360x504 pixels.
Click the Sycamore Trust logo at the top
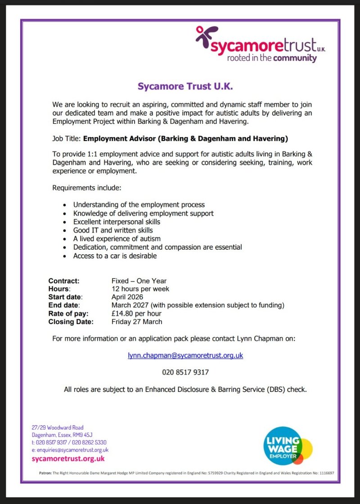tap(261, 45)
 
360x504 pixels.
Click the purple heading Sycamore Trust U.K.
tap(185, 85)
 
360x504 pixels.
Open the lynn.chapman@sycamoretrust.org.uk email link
tap(185, 355)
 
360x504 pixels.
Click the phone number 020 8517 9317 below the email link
tap(185, 372)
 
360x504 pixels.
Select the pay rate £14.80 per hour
tap(136, 313)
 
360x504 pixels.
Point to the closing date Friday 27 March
tap(137, 321)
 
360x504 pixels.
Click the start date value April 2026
tap(127, 297)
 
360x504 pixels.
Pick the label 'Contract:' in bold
tap(64, 281)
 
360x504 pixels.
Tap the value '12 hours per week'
tap(140, 289)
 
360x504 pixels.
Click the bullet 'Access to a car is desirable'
tap(115, 256)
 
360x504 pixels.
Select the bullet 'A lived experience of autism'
tap(117, 238)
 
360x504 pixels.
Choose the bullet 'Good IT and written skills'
tap(113, 230)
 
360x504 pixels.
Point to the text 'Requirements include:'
tap(86, 187)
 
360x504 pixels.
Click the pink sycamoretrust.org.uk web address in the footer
tap(68, 459)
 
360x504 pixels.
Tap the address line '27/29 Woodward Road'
tap(58, 427)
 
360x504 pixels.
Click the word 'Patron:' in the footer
tap(45, 473)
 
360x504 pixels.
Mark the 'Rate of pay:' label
tap(68, 313)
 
